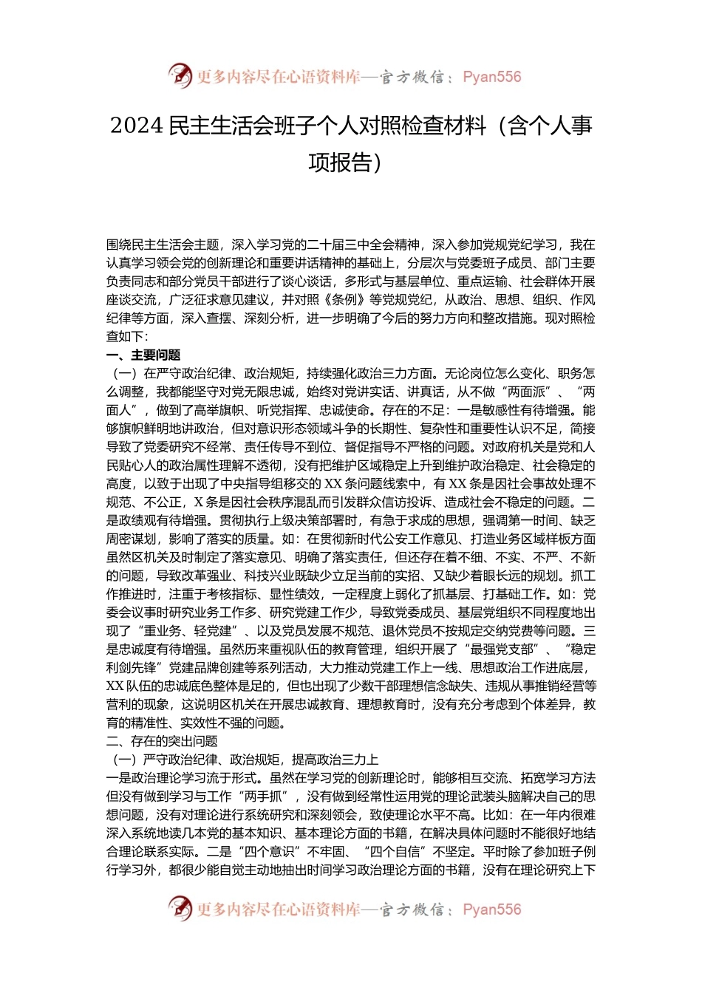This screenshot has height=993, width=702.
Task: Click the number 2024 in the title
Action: [137, 126]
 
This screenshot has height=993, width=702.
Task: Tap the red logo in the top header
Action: [180, 75]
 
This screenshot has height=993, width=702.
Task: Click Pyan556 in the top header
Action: [491, 77]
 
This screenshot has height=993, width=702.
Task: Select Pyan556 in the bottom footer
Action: [491, 910]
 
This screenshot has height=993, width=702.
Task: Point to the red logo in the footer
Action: [180, 908]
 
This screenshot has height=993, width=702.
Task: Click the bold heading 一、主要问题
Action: [143, 355]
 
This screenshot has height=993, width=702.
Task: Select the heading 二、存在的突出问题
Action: [162, 741]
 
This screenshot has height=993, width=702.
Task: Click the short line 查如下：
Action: [127, 337]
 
